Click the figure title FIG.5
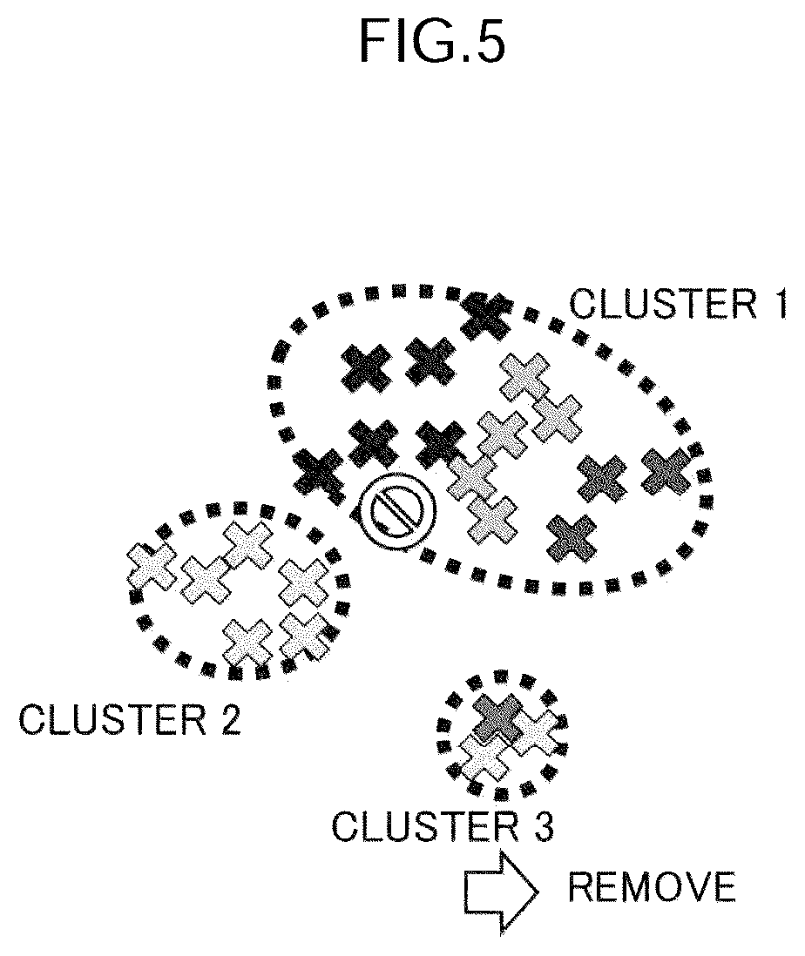pos(432,41)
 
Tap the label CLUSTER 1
pos(678,304)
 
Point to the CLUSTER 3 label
pos(443,827)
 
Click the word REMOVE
pos(652,887)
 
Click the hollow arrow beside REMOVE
pos(501,892)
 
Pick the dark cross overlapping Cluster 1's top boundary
pos(486,316)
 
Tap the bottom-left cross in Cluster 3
pos(484,757)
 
